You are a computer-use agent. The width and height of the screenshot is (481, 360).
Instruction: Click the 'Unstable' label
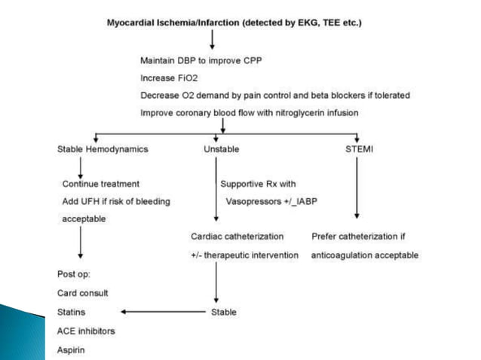(x=221, y=149)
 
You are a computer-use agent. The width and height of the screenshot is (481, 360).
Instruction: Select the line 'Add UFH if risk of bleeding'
(x=116, y=202)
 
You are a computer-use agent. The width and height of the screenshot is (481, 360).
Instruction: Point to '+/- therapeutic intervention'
(x=244, y=255)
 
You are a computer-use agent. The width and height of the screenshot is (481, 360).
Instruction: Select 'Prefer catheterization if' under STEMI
(x=360, y=237)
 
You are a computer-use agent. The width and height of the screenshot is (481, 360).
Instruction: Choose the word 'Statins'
(x=72, y=311)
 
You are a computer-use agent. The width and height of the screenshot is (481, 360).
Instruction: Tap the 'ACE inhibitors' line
(x=85, y=329)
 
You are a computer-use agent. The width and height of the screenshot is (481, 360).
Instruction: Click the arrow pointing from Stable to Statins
(x=162, y=311)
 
